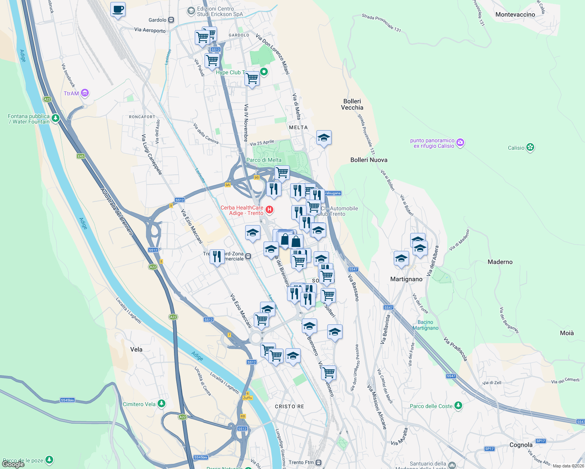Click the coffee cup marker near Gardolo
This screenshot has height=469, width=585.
(x=118, y=9)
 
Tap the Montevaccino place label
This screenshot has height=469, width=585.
(x=515, y=14)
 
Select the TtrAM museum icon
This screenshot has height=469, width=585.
(x=85, y=93)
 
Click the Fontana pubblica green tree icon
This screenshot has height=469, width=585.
(x=56, y=118)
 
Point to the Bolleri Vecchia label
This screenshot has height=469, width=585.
(x=352, y=104)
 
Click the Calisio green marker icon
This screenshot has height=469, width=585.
(x=530, y=147)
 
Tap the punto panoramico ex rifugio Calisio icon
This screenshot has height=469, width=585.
(x=460, y=143)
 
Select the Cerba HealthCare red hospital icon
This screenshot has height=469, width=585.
(x=269, y=210)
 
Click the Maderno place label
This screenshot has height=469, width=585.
(x=500, y=262)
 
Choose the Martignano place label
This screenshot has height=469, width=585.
(x=406, y=279)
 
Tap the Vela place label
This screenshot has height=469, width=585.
(x=136, y=349)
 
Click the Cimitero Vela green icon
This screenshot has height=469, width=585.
(x=161, y=404)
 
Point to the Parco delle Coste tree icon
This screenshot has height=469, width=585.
(x=458, y=406)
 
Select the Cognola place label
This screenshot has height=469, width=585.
(x=521, y=445)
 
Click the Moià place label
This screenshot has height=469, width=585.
(x=567, y=333)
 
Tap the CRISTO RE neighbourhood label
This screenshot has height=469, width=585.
(x=289, y=406)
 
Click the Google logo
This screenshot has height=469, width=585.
(x=13, y=464)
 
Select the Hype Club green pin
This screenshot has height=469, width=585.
(x=264, y=72)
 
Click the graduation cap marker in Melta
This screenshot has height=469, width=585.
(x=324, y=138)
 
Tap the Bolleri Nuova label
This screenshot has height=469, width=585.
(x=369, y=160)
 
